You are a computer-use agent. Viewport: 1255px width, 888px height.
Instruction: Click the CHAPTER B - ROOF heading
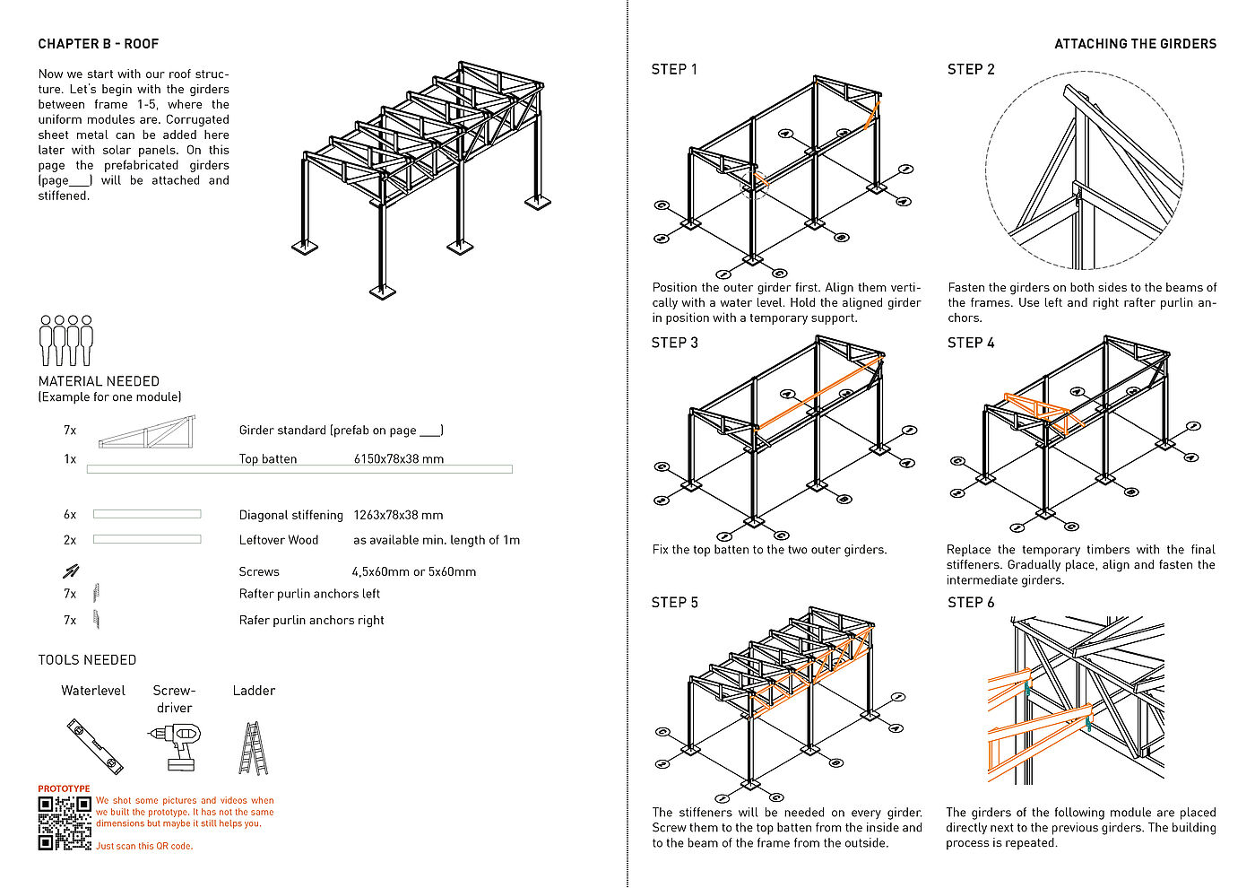coord(99,44)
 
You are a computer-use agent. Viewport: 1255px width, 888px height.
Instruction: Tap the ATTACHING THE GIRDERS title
coord(1135,44)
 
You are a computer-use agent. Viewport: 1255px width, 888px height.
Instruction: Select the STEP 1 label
coord(674,70)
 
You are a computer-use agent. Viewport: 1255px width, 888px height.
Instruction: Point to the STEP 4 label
coord(971,344)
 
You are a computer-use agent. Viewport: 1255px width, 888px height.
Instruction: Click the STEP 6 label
coord(971,603)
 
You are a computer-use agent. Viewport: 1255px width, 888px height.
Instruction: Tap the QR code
coord(65,823)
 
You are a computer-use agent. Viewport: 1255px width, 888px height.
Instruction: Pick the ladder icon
coord(254,748)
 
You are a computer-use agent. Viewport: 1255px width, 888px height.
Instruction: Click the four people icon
coord(66,340)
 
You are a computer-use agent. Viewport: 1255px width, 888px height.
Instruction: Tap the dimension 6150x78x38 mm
coord(399,459)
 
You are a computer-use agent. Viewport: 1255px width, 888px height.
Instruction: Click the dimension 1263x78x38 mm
coord(398,516)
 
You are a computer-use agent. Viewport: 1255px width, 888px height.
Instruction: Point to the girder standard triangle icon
coord(146,431)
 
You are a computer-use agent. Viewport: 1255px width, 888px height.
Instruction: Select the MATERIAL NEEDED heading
coord(99,382)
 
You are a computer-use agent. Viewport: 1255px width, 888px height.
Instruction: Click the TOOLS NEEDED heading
coord(87,660)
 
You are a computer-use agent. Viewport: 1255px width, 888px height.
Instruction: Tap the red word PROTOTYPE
coord(64,789)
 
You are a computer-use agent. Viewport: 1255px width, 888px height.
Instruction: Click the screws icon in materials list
coord(71,570)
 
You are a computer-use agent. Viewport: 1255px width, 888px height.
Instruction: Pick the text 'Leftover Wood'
coord(279,540)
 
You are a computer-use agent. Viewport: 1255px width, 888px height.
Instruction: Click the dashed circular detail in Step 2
coord(1084,170)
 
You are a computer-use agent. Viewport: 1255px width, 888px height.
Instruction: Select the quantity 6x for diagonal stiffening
coord(70,515)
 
